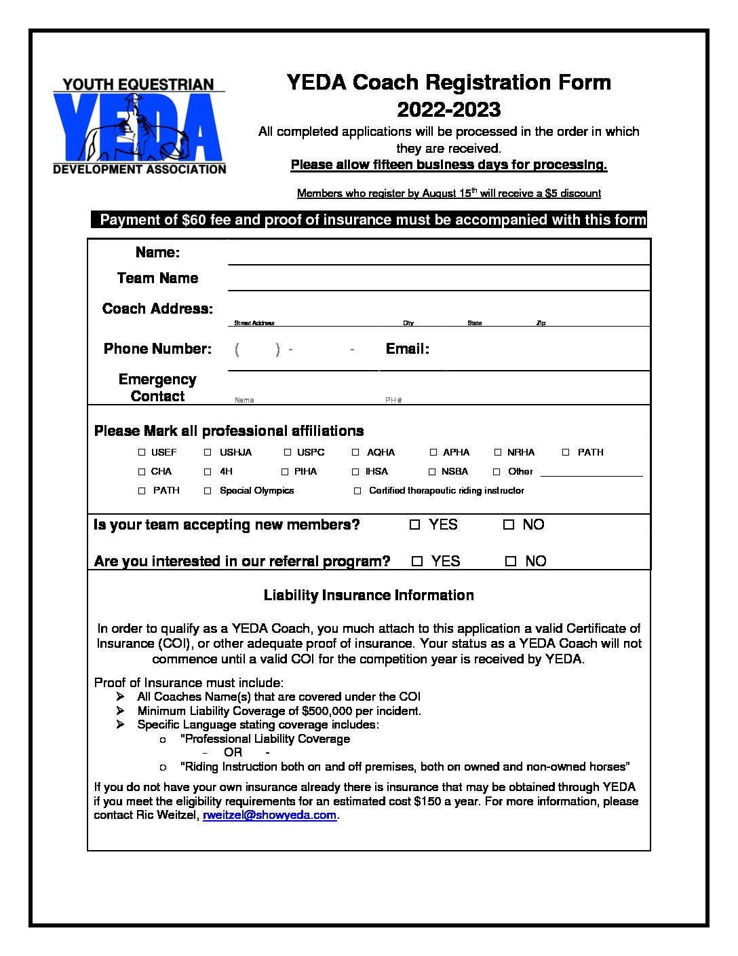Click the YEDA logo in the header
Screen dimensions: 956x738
point(139,126)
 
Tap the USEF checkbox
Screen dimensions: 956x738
point(142,452)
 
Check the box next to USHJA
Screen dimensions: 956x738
point(208,452)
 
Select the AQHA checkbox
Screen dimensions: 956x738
point(355,452)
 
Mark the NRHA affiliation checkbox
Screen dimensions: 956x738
point(498,452)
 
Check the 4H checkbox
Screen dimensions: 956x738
point(208,471)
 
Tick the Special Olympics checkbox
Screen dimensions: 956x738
point(208,490)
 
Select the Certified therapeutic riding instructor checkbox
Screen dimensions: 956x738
point(357,490)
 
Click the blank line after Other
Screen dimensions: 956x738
point(591,474)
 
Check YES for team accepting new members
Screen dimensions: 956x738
point(415,525)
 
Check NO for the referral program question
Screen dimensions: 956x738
point(511,562)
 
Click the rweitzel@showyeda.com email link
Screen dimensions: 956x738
point(269,815)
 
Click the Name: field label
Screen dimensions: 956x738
point(157,253)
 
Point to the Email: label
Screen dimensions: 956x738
point(407,349)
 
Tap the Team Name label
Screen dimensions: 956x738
point(157,278)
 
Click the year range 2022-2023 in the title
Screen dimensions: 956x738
point(448,109)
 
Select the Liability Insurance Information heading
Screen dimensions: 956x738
point(368,595)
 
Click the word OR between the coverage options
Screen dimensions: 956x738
point(233,752)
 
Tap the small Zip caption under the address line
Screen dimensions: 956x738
point(541,323)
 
